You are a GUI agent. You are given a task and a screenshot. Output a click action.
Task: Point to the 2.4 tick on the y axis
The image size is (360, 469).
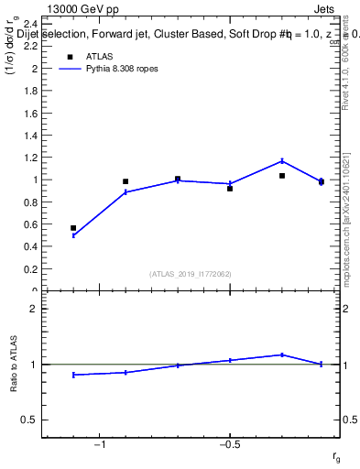coord(30,24)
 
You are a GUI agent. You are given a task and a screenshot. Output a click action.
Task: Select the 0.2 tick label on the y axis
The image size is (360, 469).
coord(30,268)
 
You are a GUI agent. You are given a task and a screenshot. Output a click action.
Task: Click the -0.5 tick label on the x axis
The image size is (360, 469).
coord(229,444)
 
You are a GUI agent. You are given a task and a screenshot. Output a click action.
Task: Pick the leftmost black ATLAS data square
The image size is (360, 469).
coord(73,228)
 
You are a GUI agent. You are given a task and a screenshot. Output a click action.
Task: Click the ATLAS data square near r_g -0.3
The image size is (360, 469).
coord(282,176)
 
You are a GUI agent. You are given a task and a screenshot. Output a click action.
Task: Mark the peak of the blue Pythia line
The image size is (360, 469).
coord(282,161)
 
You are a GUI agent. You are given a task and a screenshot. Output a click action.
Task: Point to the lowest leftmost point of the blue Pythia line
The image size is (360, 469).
coord(73,235)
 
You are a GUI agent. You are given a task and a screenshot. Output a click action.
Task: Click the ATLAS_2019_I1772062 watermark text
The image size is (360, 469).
coord(191,274)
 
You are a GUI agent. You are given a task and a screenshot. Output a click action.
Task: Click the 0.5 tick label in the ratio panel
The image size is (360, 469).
coord(30,420)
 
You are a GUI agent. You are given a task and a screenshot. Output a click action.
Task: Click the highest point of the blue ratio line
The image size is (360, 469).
coord(282,354)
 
